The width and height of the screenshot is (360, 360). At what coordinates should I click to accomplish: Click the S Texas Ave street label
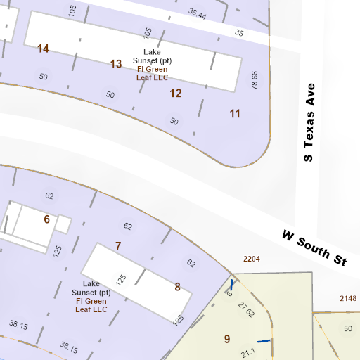click(x=308, y=123)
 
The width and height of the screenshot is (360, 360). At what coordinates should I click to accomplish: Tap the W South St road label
click(x=315, y=247)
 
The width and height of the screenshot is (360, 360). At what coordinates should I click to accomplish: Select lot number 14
click(x=44, y=49)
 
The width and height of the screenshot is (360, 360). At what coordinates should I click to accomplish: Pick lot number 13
click(x=116, y=64)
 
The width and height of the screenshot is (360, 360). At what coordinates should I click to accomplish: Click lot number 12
click(x=176, y=93)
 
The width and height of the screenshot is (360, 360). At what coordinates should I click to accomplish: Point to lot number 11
click(x=235, y=113)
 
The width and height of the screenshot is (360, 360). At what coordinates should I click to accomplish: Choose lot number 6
click(x=46, y=219)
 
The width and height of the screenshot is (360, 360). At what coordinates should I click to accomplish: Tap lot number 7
click(x=118, y=245)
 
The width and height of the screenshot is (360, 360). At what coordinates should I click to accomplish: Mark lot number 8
click(x=177, y=286)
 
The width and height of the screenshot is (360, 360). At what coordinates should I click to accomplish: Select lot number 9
click(x=226, y=339)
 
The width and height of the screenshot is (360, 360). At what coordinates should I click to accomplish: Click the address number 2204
click(x=252, y=259)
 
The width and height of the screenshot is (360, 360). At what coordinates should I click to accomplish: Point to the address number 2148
click(x=348, y=299)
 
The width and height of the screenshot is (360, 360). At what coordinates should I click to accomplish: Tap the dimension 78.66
click(x=255, y=79)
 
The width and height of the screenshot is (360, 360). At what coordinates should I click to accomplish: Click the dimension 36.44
click(x=198, y=14)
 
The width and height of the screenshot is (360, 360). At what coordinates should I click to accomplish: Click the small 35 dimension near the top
click(x=239, y=33)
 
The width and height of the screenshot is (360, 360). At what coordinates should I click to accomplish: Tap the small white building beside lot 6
click(x=62, y=224)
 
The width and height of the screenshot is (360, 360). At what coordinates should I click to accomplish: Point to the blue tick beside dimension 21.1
click(x=264, y=341)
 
